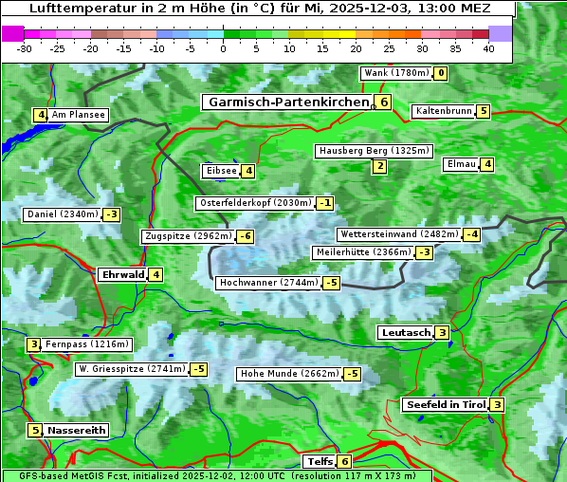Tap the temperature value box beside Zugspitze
(x=246, y=236)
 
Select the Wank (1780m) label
(x=396, y=73)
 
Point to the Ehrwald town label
(x=121, y=275)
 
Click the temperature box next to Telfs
(x=345, y=462)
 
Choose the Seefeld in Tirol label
(x=445, y=404)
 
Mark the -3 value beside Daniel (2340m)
(x=112, y=214)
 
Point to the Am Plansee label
(x=79, y=115)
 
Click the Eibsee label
(x=220, y=171)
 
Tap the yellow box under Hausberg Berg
(x=379, y=167)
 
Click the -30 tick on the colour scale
(x=25, y=48)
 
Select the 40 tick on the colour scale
(x=488, y=48)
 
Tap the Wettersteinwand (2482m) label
(x=399, y=234)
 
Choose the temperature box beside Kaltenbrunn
(x=483, y=111)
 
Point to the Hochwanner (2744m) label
(x=268, y=283)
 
